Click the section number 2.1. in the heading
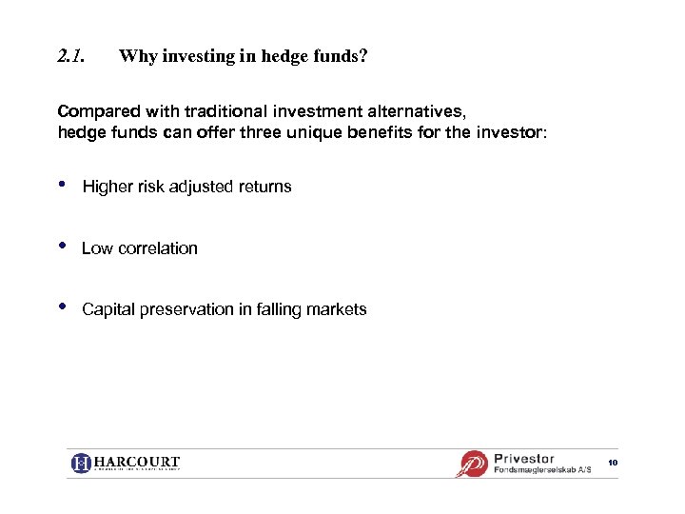tap(70, 56)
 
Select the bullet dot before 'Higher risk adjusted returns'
tap(63, 185)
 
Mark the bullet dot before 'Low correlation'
tap(63, 247)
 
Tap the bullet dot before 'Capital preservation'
tap(63, 307)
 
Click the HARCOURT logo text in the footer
tap(137, 464)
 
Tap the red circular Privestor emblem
tap(473, 464)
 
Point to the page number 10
tap(613, 463)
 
